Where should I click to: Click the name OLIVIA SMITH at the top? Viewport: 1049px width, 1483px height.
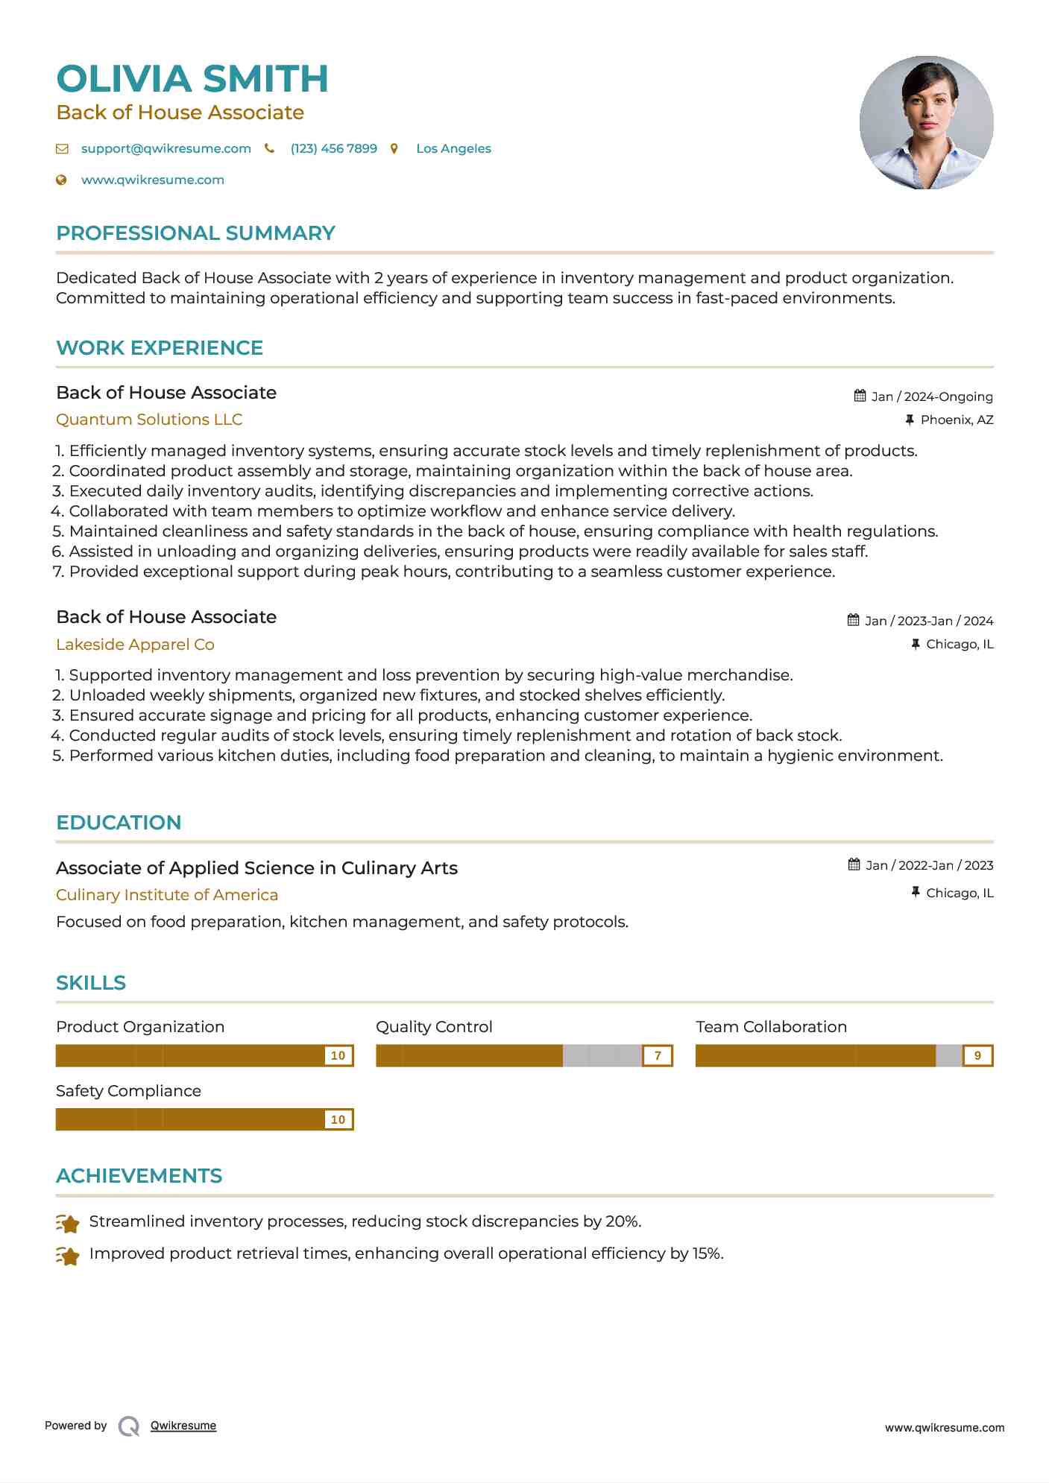coord(192,79)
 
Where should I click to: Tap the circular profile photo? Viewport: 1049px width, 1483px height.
coord(926,122)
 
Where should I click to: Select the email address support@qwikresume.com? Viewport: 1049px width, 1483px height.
coord(166,148)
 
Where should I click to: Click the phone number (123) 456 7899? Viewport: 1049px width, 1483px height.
coord(333,148)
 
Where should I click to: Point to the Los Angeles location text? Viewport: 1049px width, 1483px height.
coord(453,148)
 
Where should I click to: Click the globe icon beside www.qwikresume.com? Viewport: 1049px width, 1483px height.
coord(62,180)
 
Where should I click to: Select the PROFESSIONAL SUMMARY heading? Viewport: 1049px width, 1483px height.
coord(195,233)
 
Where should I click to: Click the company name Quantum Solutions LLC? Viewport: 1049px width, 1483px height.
coord(149,420)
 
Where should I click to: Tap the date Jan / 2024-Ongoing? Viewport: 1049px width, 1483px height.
coord(932,396)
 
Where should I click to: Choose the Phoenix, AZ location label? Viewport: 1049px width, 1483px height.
coord(957,420)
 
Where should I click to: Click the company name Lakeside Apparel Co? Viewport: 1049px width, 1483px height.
coord(135,645)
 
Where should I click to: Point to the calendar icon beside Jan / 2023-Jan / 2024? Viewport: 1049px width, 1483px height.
coord(853,620)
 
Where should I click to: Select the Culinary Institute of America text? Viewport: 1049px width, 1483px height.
coord(167,895)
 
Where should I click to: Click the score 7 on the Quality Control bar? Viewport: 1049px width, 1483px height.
coord(658,1055)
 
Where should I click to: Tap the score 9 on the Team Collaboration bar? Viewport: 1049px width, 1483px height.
coord(977,1055)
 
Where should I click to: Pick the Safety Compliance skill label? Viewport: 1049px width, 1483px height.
coord(128,1091)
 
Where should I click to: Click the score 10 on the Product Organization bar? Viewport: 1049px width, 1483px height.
coord(338,1055)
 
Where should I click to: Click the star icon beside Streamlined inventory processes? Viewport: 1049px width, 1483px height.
coord(68,1223)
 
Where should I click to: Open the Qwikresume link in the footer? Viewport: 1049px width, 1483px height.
coord(183,1426)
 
